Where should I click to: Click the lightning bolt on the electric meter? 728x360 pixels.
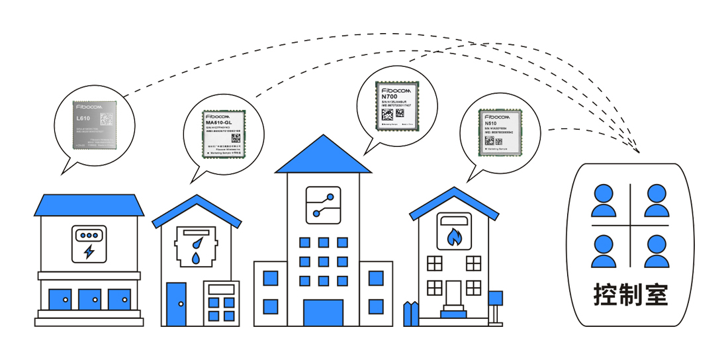click(89, 252)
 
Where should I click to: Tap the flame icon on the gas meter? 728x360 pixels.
click(454, 236)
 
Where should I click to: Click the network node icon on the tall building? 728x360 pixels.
click(323, 204)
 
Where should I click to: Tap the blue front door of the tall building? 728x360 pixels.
click(323, 312)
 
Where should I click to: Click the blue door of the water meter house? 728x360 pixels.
click(176, 304)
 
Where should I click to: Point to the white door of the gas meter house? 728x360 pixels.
click(453, 294)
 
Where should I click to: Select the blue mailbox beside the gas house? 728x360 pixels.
click(496, 298)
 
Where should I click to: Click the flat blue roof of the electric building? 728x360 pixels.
click(89, 204)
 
